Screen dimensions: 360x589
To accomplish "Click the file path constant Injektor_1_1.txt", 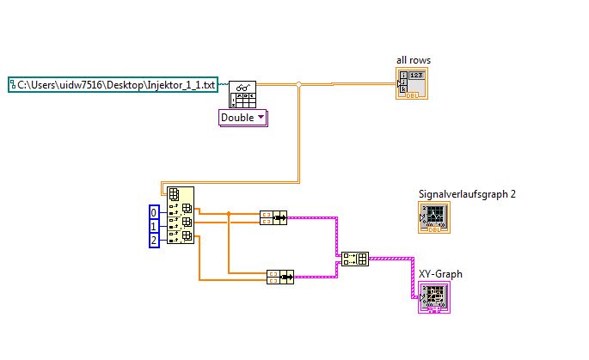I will coord(112,84).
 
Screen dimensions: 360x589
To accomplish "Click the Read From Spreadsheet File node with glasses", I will coord(242,94).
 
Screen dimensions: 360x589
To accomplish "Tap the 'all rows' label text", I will coord(414,60).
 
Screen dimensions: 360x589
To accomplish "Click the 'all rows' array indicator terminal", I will coord(412,84).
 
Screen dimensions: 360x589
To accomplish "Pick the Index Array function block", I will coord(181,217).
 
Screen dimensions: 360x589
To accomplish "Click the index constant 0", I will coord(155,211).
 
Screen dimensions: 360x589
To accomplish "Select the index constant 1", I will coord(155,226).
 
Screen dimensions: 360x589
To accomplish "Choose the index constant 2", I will coord(155,241).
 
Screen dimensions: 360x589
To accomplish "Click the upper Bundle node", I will coord(273,217).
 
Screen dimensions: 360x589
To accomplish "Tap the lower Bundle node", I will coord(280,276).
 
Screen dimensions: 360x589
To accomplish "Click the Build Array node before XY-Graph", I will coord(354,258).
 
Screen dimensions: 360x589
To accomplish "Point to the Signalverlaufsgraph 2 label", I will coord(467,194).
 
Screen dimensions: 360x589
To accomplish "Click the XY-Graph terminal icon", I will coord(434,297).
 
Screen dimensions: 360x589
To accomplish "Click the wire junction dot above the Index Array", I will coord(298,84).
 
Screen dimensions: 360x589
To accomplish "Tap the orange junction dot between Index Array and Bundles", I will coord(229,213).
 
